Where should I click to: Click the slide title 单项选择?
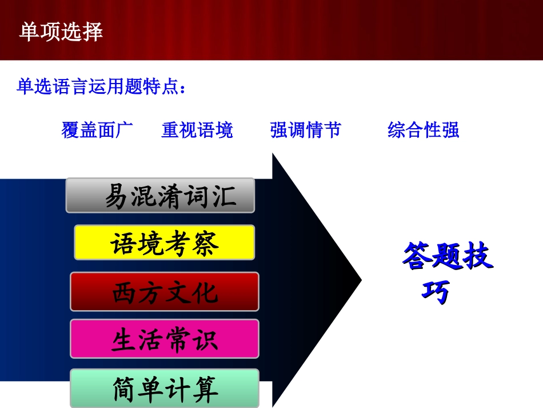tap(61, 32)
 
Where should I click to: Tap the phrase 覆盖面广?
tap(97, 130)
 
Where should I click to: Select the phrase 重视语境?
tap(197, 130)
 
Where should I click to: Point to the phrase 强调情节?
tap(305, 130)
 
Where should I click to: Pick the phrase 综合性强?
tap(423, 130)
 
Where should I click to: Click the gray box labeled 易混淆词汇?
tap(160, 196)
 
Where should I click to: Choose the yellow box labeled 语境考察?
tap(165, 243)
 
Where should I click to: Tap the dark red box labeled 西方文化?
tap(165, 292)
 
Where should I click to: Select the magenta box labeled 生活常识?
tap(165, 339)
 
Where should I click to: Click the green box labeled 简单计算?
tap(165, 389)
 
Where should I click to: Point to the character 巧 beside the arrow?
tap(436, 292)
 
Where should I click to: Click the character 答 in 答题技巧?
tap(417, 257)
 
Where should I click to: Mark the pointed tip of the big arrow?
tap(361, 280)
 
